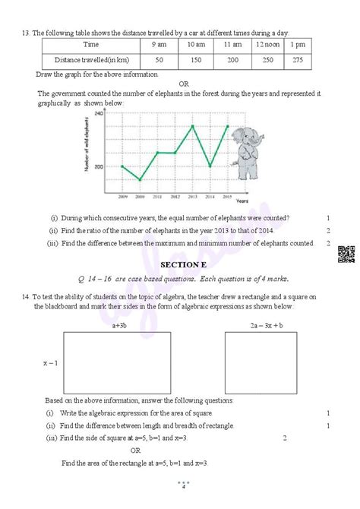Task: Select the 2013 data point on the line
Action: click(193, 126)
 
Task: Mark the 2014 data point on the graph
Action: click(210, 166)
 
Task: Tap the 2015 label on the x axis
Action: click(228, 196)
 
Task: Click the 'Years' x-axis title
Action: click(242, 201)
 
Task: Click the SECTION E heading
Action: click(180, 264)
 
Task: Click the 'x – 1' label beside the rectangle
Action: click(49, 362)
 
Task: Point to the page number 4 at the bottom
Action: click(182, 486)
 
